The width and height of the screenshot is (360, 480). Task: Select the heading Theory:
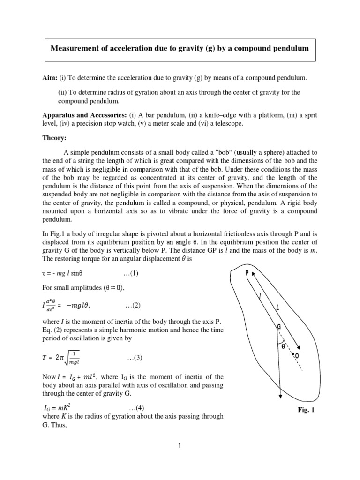(55, 138)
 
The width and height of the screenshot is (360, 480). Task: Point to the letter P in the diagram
(247, 273)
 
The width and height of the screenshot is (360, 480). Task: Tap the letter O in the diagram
(297, 357)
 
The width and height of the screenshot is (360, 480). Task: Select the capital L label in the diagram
(278, 307)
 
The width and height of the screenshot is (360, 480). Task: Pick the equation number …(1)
(126, 273)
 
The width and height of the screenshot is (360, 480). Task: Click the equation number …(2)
(133, 305)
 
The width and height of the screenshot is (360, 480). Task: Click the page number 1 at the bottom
(180, 446)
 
